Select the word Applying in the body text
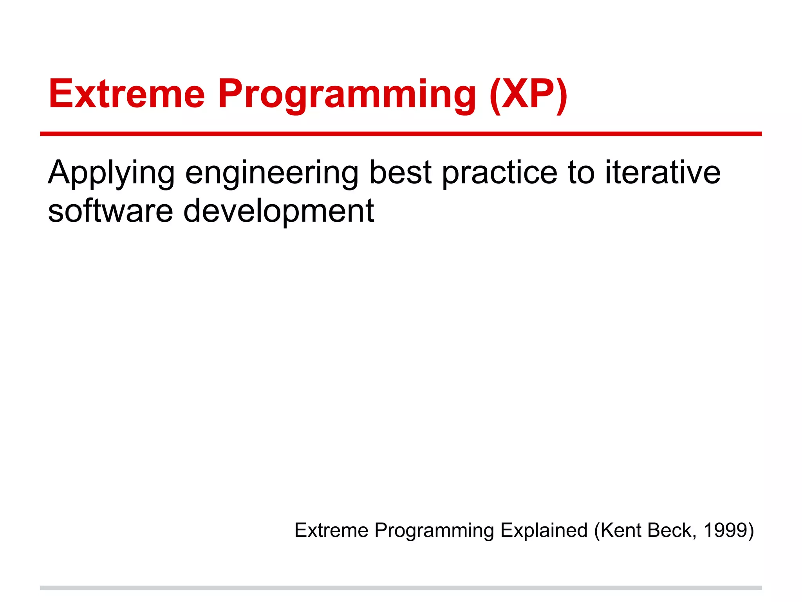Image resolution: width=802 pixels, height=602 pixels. [x=111, y=173]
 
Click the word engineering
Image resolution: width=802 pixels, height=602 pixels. [x=271, y=173]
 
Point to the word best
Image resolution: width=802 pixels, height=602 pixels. [x=400, y=172]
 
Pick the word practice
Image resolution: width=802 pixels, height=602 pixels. [x=500, y=173]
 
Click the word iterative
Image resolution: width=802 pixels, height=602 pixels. [x=663, y=172]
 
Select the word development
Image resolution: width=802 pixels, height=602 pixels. [x=279, y=212]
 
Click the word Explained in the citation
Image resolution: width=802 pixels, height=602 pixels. [x=544, y=531]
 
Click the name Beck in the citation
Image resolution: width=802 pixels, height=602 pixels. [x=672, y=531]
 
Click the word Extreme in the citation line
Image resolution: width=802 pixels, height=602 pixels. [x=331, y=531]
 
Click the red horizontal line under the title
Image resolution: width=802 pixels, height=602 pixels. [x=401, y=134]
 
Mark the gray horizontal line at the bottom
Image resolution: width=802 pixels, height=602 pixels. [x=401, y=588]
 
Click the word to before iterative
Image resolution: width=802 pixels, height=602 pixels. [x=581, y=172]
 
